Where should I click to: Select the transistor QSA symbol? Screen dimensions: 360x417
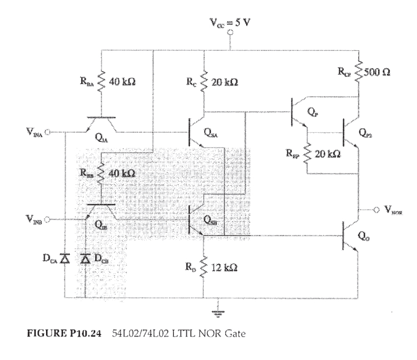point(193,132)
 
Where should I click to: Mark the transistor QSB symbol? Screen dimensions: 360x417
point(193,220)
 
